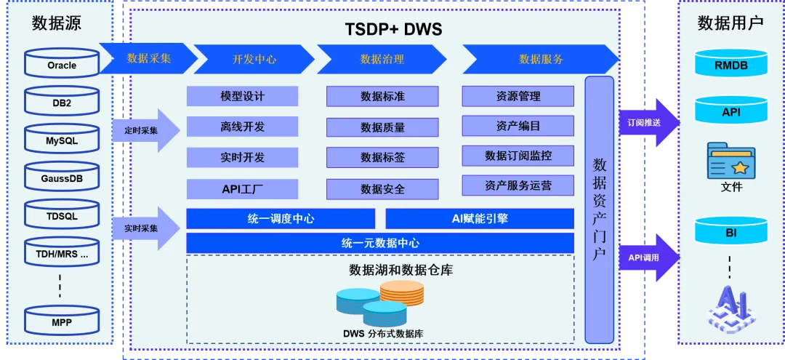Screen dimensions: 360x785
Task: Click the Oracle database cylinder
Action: pos(62,64)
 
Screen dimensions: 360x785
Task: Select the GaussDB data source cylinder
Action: pos(62,177)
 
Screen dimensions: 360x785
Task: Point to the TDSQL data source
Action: pos(62,215)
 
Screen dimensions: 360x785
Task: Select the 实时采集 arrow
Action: pos(145,228)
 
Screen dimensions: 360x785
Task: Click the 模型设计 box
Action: pos(242,96)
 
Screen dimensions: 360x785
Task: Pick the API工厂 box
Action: pos(242,189)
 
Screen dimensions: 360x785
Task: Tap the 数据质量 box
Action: pos(382,127)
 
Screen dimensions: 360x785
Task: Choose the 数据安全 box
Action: pos(382,189)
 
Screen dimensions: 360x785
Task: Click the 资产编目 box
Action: pos(518,126)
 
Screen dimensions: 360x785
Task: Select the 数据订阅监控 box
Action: pos(518,156)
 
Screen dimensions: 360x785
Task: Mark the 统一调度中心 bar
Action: pos(281,218)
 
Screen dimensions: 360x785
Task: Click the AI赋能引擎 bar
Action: pos(479,218)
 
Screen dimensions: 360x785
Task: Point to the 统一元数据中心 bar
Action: pos(379,243)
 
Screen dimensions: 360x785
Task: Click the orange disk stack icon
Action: pos(401,292)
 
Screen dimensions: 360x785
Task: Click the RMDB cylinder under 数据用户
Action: pos(730,64)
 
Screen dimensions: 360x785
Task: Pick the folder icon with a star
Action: pos(730,161)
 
